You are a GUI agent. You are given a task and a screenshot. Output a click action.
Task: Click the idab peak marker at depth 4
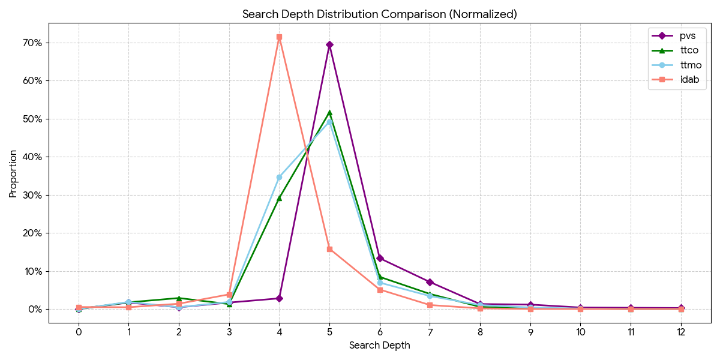click(279, 37)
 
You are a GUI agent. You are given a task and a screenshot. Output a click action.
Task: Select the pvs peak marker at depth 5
click(329, 44)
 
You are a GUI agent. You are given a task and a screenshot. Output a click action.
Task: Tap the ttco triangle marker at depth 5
click(329, 112)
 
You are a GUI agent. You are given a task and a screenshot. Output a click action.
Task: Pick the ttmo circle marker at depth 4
click(279, 177)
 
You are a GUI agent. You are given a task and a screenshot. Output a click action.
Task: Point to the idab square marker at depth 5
click(329, 249)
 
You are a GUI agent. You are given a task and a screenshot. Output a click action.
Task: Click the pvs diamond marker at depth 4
click(279, 298)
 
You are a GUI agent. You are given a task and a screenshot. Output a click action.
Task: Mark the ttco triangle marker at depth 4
click(279, 198)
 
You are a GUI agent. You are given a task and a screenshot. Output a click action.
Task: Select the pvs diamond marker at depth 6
click(380, 258)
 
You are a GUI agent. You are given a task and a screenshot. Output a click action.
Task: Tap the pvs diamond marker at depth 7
click(430, 282)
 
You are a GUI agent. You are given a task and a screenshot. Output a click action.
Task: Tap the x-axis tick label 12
click(681, 332)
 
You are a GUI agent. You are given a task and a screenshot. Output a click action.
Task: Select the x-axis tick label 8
click(480, 332)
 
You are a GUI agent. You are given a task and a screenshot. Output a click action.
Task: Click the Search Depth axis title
click(380, 346)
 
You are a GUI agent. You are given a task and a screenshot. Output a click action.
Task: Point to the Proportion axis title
click(13, 173)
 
